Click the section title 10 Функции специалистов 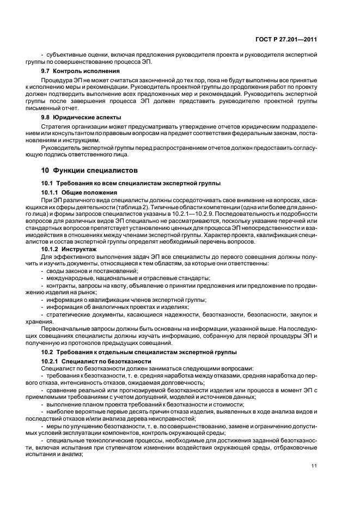point(86,171)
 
